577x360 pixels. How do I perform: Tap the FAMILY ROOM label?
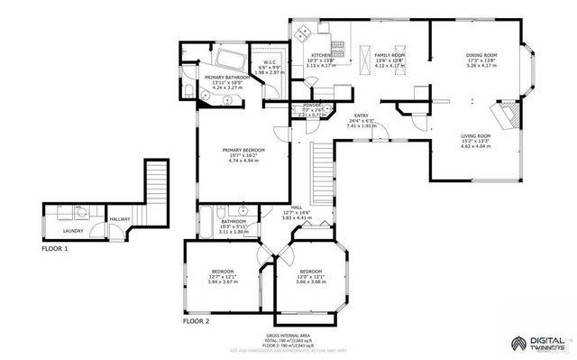click(x=390, y=55)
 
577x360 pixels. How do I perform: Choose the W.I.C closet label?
click(x=270, y=62)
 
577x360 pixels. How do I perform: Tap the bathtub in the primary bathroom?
click(x=231, y=62)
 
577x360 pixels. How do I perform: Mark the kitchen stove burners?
click(x=339, y=46)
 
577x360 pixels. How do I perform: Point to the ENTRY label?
click(x=362, y=115)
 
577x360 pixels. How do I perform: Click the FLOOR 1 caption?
click(x=55, y=247)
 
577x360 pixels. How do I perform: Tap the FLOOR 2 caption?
click(x=196, y=320)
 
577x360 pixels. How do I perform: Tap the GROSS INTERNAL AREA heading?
click(x=288, y=334)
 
